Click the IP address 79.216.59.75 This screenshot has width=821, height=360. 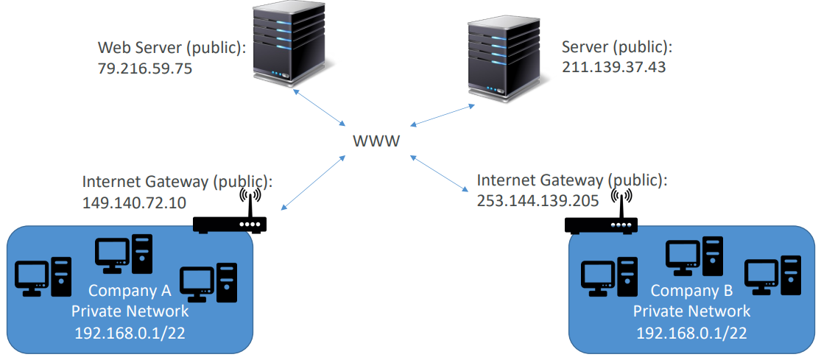145,68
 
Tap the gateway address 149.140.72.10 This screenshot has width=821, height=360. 135,202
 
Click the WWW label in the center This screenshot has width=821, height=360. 376,141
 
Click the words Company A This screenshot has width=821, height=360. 130,289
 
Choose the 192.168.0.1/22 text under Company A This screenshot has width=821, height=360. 130,333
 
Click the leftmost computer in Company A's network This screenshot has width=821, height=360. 43,277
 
